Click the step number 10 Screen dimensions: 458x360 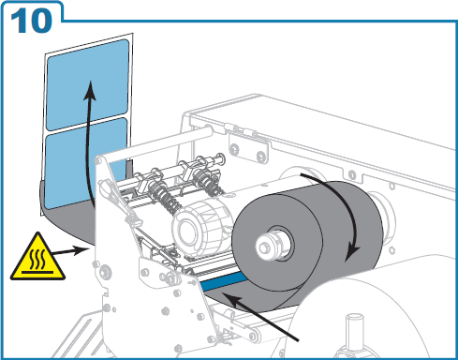[31, 21]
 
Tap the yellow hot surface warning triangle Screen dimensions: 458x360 [37, 259]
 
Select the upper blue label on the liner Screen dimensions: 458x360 [87, 84]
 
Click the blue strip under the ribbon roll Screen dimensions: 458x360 [222, 280]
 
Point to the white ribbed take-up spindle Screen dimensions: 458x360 [199, 228]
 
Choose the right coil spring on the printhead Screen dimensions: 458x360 [207, 182]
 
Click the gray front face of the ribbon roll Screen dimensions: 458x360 [278, 242]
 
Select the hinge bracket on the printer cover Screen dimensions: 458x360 [248, 145]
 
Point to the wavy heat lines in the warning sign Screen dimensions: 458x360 [37, 259]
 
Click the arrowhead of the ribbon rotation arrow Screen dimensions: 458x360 [353, 253]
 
